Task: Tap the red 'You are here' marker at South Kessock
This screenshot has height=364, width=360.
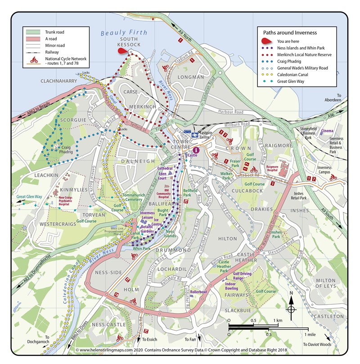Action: [122, 51]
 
